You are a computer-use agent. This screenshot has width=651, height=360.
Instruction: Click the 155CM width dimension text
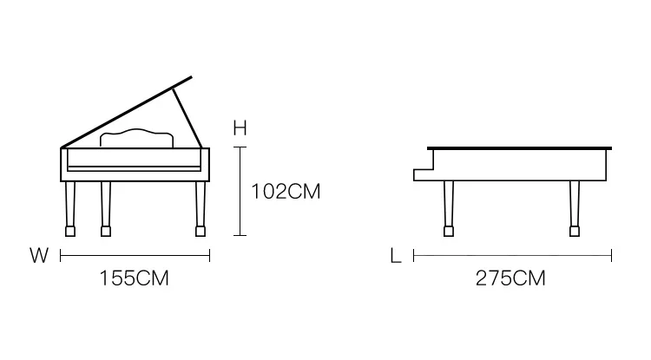click(134, 278)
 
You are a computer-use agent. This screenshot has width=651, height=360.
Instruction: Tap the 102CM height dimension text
click(286, 192)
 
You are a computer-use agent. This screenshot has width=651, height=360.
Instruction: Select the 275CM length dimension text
click(510, 278)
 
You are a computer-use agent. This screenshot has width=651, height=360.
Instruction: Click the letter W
click(39, 255)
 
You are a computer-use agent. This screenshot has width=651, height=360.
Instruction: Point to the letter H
click(240, 128)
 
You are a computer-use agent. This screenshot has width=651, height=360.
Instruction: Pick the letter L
click(396, 256)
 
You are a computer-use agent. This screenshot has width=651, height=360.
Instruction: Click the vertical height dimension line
click(240, 191)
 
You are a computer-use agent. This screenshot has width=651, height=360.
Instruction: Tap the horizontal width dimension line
click(135, 256)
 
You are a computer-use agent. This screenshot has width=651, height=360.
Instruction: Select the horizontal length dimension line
click(512, 256)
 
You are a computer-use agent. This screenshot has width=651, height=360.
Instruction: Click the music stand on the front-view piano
click(136, 138)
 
